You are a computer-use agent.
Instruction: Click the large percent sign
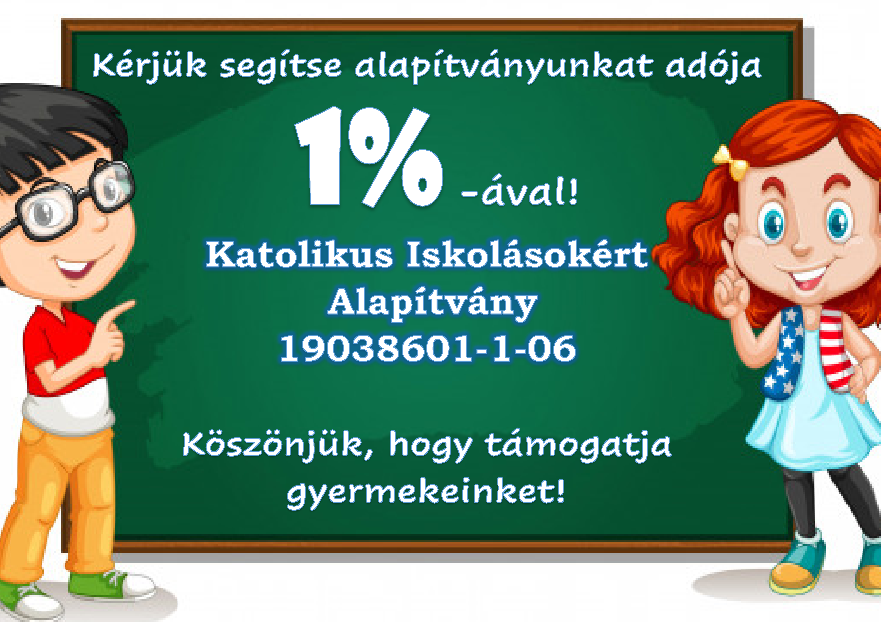pos(399,157)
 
